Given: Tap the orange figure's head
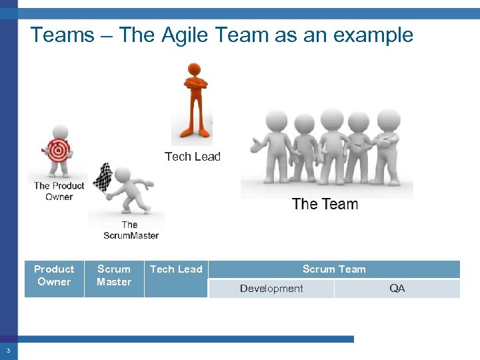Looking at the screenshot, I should point(194,70).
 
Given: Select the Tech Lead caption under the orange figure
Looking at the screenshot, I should point(192,157).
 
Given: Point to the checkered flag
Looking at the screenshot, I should point(103,177).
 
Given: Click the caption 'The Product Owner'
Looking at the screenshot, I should point(59,191).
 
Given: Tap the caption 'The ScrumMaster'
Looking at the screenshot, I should point(131,230).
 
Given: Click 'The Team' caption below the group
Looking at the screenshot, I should point(325,204).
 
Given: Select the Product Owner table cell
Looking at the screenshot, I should point(54,275).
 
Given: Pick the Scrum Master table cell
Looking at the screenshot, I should point(114,275).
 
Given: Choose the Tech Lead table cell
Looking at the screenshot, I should point(176,269).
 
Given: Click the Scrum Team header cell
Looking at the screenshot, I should point(334,269).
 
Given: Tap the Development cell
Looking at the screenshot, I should point(271,289).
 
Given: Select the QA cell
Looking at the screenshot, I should point(397,289).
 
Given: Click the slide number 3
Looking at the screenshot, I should point(8,351).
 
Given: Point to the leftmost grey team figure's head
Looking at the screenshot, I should point(276,121).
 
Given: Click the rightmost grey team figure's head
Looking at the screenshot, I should point(388,121).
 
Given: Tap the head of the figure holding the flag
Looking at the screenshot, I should point(122,175).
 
